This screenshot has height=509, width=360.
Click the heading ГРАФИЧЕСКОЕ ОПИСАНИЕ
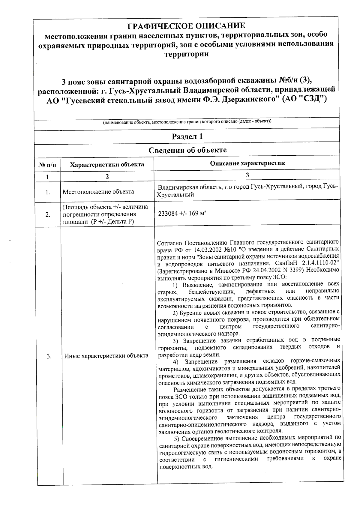pos(186,26)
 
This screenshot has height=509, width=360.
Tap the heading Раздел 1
pos(187,137)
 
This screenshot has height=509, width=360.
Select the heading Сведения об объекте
pos(187,150)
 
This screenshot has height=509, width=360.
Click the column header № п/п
pos(47,165)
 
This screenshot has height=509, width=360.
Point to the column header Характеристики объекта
pos(107,164)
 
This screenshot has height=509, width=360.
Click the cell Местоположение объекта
pos(98,192)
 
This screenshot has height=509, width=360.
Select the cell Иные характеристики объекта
pos(106,356)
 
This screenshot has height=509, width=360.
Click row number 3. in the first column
pos(49,356)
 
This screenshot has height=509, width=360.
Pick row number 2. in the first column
pos(48,215)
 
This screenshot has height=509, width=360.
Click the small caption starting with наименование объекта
pos(187,122)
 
